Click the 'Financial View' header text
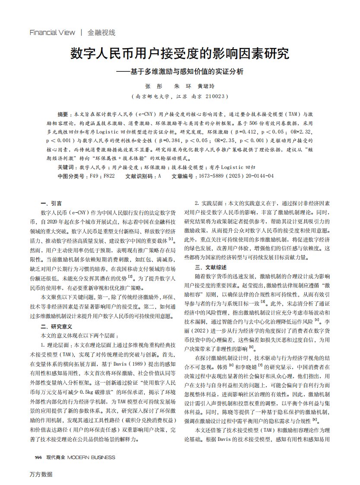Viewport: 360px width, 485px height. point(52,32)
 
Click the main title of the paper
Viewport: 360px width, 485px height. point(180,54)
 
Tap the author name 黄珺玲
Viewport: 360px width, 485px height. point(206,86)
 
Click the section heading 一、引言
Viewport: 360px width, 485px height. point(51,203)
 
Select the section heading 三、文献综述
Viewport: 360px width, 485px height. point(211,267)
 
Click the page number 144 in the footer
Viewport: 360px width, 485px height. point(38,457)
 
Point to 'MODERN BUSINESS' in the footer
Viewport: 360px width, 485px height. point(91,457)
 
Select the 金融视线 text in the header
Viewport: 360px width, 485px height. point(102,32)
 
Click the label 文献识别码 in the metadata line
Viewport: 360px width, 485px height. point(139,176)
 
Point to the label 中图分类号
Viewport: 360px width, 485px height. point(72,176)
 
